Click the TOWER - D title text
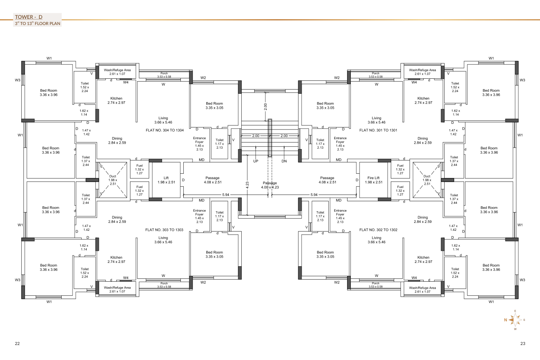(29, 17)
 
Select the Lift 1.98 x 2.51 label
(166, 180)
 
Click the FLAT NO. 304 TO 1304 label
(165, 130)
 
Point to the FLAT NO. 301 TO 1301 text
(378, 130)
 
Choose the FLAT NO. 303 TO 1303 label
(164, 230)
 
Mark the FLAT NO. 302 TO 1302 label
(378, 230)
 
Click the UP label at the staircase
(255, 161)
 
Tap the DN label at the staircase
(284, 161)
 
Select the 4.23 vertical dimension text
(247, 185)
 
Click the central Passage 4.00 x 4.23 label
(270, 185)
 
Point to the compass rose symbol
(515, 320)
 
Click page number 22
(17, 344)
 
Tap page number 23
(522, 344)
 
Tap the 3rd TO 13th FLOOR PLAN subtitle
(37, 23)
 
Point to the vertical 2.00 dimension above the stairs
(265, 107)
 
